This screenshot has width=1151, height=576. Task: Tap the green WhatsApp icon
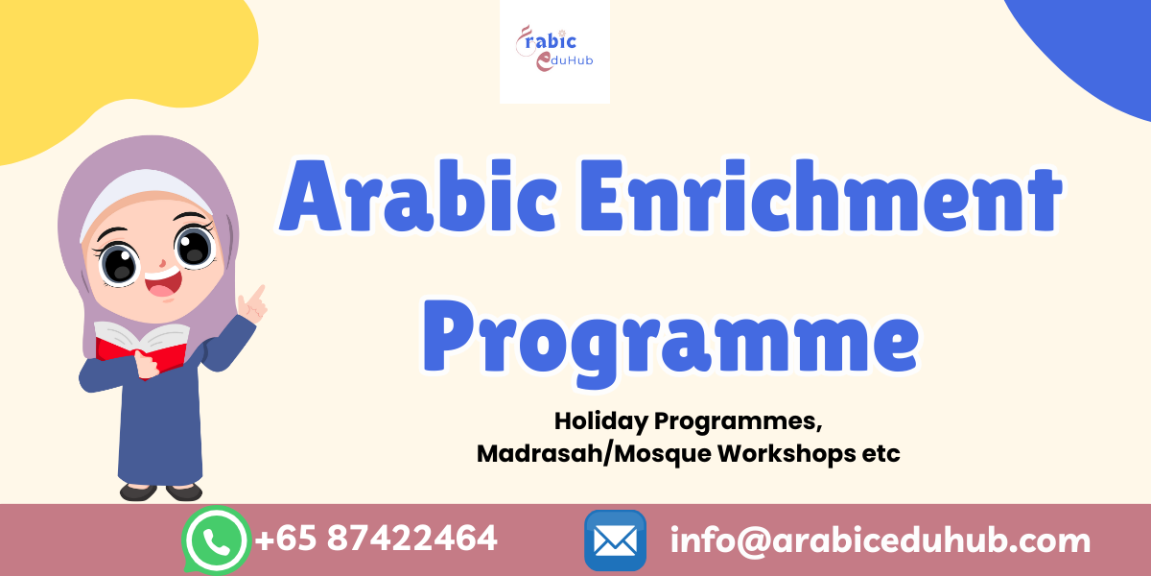pos(217,540)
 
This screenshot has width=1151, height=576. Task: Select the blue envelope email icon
pos(615,540)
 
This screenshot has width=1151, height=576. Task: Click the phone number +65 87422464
pos(376,539)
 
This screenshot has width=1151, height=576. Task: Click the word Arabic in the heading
pos(418,196)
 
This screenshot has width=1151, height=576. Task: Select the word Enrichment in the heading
pos(821,196)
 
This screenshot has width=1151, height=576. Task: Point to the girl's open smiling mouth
pos(163,284)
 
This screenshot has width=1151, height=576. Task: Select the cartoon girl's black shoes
pos(161,492)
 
